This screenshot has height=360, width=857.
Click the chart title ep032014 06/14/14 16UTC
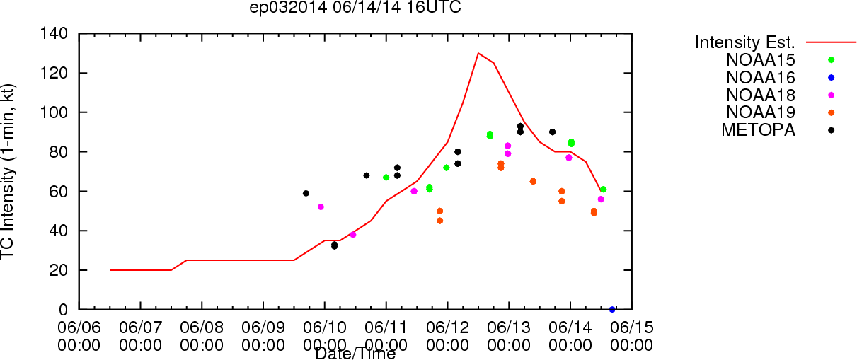[x=355, y=7]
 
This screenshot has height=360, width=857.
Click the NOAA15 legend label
[x=761, y=60]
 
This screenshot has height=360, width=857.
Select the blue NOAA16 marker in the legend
[x=831, y=78]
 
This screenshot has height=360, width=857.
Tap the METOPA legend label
[x=759, y=130]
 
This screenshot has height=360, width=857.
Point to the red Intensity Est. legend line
[x=831, y=42]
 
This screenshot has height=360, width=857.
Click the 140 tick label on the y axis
[x=54, y=34]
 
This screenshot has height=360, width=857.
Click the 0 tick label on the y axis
[x=63, y=310]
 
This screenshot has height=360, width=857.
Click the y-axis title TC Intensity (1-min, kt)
[x=8, y=172]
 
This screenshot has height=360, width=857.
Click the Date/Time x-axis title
[x=355, y=354]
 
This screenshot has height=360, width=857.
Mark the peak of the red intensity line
[x=478, y=53]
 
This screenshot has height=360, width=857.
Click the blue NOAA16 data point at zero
[x=612, y=310]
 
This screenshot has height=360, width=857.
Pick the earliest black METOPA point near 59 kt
[x=306, y=193]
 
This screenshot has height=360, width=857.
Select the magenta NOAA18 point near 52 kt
[x=321, y=207]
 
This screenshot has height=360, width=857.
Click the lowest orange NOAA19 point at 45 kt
[x=440, y=221]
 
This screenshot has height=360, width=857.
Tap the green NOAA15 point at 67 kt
[x=386, y=178]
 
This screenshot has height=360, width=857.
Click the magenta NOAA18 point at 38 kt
[x=352, y=235]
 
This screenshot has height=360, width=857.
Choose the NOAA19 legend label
[x=761, y=112]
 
